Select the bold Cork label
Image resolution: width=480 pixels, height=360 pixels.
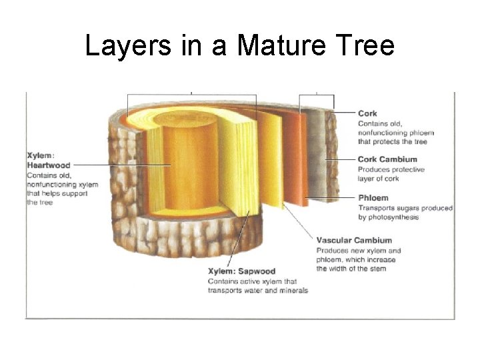[367, 114]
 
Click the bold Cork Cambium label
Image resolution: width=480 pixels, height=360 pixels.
[387, 159]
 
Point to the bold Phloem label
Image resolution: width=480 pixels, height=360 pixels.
[373, 198]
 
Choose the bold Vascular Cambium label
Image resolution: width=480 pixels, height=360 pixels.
[354, 240]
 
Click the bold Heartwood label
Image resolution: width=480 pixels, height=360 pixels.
[48, 165]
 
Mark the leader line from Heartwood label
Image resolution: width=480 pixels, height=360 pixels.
[113, 165]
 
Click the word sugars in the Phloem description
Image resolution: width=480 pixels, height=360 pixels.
[406, 208]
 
